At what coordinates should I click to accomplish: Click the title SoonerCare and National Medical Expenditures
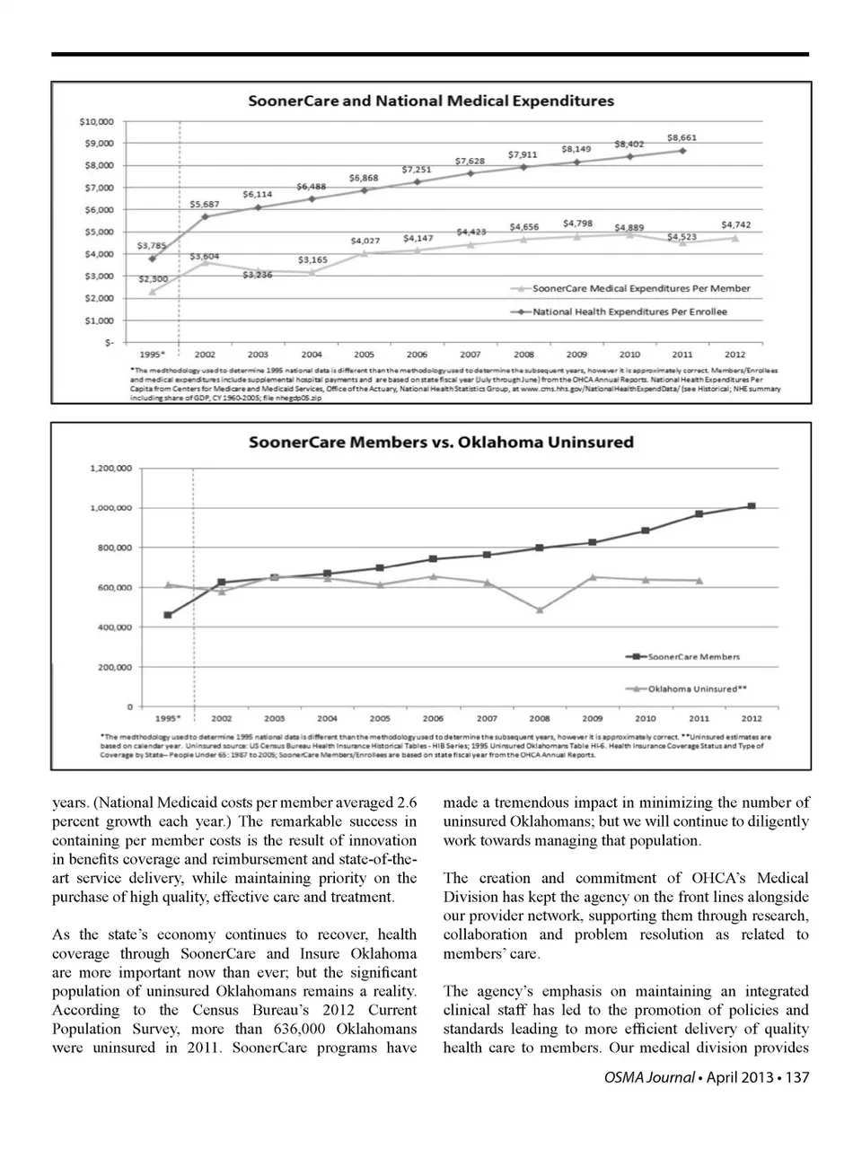[x=431, y=101]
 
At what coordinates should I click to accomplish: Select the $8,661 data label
[x=682, y=138]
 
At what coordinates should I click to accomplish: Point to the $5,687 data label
[x=205, y=205]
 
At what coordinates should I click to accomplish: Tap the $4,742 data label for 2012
[x=735, y=225]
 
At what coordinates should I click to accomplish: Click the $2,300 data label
[x=153, y=279]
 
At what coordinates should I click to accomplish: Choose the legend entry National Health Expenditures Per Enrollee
[x=629, y=311]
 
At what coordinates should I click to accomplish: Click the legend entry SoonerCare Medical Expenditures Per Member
[x=641, y=288]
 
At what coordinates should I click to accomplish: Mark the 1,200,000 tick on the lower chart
[x=111, y=469]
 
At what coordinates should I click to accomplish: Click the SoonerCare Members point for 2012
[x=752, y=506]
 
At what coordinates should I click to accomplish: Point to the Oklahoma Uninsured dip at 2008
[x=540, y=610]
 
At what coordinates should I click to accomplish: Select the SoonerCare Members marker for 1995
[x=168, y=615]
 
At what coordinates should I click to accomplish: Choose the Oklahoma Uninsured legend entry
[x=698, y=689]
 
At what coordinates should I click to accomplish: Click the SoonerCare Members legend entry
[x=693, y=657]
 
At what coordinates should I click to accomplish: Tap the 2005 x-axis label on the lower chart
[x=380, y=719]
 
